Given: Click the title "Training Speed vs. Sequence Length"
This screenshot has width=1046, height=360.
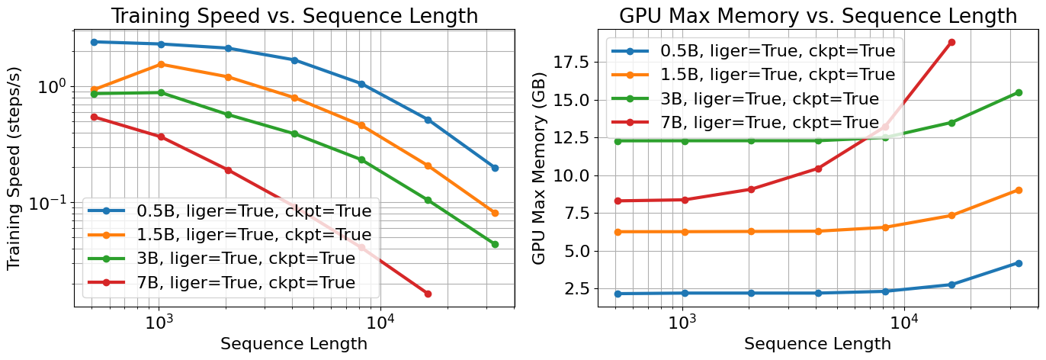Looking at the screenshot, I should (x=294, y=16).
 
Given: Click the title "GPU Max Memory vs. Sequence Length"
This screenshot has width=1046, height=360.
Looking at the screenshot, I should (x=818, y=16).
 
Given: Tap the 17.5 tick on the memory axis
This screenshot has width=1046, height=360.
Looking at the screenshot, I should (x=571, y=63).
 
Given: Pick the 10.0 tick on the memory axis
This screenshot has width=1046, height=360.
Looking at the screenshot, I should (x=571, y=176).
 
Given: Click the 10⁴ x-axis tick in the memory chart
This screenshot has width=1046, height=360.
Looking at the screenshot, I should (x=904, y=322).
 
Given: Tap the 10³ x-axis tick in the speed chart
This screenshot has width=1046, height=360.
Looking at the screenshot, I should (x=159, y=322).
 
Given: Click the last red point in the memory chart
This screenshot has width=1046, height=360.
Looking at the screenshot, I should (x=951, y=42).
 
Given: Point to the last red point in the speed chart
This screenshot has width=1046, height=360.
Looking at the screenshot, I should (x=428, y=294).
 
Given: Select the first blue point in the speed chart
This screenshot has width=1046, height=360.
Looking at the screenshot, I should (x=94, y=42).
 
